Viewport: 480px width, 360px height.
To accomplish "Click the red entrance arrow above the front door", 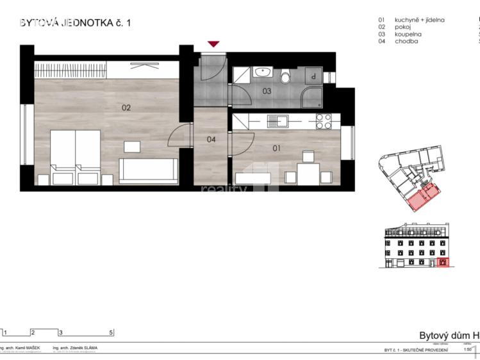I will (213, 44).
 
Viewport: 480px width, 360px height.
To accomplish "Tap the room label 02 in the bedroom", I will (126, 108).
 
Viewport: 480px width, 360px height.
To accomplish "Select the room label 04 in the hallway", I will (211, 139).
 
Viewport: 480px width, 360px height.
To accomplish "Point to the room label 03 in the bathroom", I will (267, 92).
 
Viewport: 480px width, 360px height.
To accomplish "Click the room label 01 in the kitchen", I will (277, 149).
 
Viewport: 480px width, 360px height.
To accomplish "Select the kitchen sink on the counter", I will (277, 120).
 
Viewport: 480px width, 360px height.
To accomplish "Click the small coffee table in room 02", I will (133, 147).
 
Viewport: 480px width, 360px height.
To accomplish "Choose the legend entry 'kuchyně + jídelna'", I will (420, 20).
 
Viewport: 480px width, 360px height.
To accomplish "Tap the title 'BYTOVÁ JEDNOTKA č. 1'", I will (76, 23).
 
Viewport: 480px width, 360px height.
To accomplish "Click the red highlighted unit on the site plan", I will (422, 198).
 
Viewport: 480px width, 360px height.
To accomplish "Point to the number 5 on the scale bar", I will (111, 332).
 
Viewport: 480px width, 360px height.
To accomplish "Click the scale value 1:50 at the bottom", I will (468, 350).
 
